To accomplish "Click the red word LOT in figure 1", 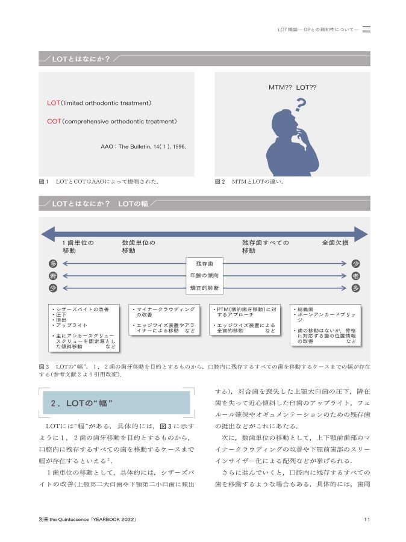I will (x=54, y=103).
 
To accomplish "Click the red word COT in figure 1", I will (x=54, y=121).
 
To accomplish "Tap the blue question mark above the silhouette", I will (x=301, y=105).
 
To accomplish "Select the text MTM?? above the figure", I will (x=280, y=88).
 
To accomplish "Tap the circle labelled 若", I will (x=53, y=275).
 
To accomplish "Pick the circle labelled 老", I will (x=356, y=275).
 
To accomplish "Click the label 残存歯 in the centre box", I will (x=204, y=264).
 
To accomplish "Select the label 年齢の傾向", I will (x=204, y=276).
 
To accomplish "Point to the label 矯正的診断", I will (x=204, y=288).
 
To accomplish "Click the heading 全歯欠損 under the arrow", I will (x=335, y=243).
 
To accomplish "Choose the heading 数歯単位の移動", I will (x=139, y=246).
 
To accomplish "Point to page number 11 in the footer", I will (x=367, y=520).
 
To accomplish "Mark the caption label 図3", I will (x=43, y=366).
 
